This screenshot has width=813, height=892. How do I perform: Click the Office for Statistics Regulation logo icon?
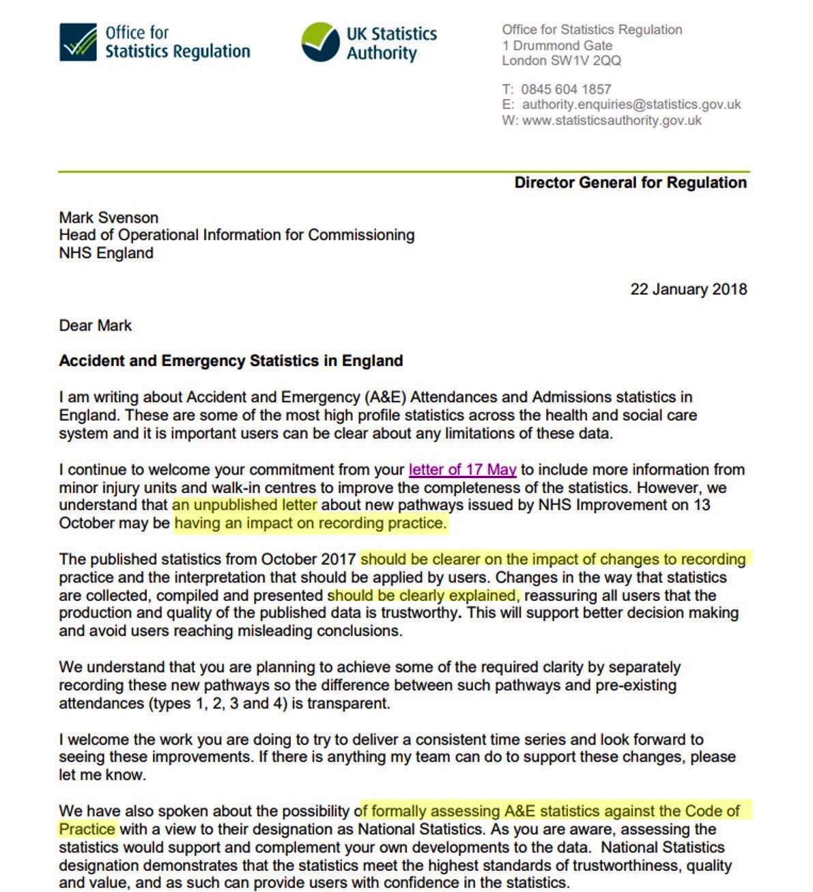click(78, 42)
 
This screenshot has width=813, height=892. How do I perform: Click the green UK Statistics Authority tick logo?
click(320, 42)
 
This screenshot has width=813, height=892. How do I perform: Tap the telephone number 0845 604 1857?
click(566, 89)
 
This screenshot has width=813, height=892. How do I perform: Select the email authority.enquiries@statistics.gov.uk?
click(631, 104)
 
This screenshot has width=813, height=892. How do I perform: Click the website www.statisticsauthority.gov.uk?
click(612, 120)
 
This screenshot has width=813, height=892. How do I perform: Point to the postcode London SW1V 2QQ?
click(561, 61)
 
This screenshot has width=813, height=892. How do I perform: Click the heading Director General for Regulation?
click(630, 182)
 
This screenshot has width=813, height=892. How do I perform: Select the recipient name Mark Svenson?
click(109, 218)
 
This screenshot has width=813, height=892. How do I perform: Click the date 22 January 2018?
click(688, 289)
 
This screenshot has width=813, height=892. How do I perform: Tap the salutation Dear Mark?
click(95, 325)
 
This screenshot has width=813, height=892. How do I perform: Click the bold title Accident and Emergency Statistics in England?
click(231, 361)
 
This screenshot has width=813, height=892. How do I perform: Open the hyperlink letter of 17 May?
click(462, 470)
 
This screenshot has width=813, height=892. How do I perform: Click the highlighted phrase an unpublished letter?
click(244, 505)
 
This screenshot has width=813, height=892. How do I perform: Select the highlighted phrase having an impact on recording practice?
click(310, 523)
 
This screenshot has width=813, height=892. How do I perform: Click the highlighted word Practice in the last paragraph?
click(87, 829)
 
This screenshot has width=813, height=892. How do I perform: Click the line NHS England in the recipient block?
click(106, 253)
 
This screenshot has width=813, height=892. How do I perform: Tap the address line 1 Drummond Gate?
click(557, 46)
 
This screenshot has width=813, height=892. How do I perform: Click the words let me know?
click(102, 775)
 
